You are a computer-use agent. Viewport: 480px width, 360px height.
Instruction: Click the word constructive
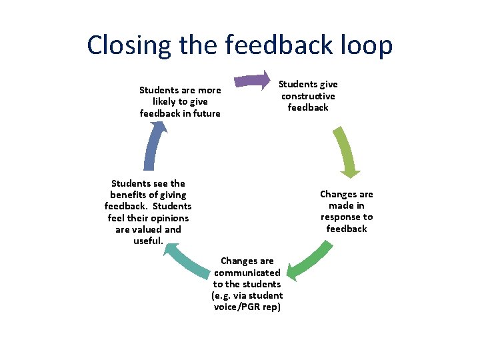pos(308,96)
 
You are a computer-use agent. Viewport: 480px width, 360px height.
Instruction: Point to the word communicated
pos(247,273)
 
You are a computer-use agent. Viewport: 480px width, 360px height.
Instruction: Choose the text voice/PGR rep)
pos(247,307)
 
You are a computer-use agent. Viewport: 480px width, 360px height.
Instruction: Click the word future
pos(205,113)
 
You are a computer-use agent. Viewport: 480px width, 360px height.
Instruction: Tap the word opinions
pos(169,218)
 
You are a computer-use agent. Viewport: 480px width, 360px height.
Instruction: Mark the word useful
pos(148,241)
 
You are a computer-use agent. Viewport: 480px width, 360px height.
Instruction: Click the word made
pos(334,206)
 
